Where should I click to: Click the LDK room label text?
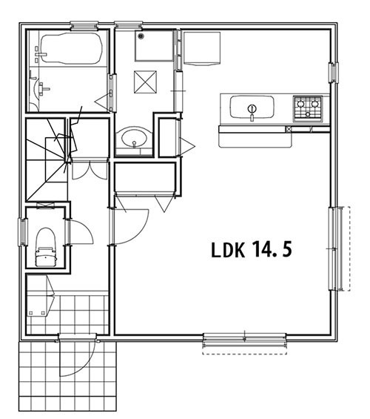pos(228,250)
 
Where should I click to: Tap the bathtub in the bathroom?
pos(72,48)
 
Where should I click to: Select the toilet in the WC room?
pos(47,247)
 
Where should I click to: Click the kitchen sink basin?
pos(252,107)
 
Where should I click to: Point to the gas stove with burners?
pos(308,108)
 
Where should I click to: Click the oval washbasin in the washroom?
pos(134,138)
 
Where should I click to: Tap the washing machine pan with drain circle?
pos(154,46)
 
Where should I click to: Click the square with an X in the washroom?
pos(145,82)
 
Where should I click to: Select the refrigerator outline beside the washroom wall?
pos(202,48)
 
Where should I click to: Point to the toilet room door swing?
pos(81,231)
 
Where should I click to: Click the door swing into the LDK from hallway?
pos(132,227)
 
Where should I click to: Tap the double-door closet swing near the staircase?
pos(90,171)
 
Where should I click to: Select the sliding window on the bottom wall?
pos(244,340)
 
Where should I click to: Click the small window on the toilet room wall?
pos(23,232)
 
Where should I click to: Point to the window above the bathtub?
pos(84,26)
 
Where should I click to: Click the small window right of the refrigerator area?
pos(333,73)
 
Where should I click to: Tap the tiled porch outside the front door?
pos(67,380)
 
